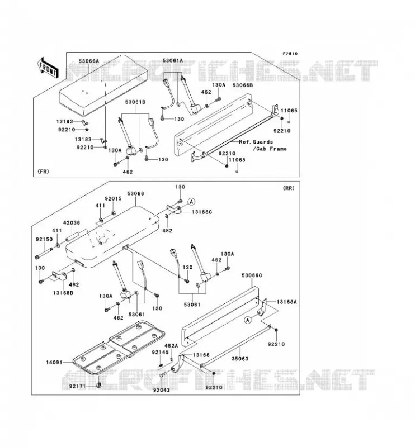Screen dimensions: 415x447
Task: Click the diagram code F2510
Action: point(290,54)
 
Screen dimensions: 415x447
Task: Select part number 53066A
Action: point(89,61)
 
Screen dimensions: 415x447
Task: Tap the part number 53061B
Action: point(135,102)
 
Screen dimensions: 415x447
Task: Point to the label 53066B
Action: point(243,85)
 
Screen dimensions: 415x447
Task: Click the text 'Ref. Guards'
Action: point(256,142)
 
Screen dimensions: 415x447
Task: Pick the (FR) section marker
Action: point(43,172)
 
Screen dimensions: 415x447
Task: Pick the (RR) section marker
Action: point(289,188)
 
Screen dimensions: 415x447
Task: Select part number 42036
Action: point(72,222)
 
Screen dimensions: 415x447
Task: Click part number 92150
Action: point(44,239)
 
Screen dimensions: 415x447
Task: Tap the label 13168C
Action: point(202,212)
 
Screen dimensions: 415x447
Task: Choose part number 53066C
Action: point(252,275)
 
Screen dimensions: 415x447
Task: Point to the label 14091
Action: point(54,362)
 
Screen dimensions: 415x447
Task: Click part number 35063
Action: point(240,359)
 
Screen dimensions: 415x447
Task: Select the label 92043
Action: point(161,390)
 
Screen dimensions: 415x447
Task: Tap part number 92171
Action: point(78,386)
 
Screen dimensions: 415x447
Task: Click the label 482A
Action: point(171,346)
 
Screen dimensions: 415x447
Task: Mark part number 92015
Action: point(113,199)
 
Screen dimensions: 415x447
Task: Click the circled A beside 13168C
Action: point(191,202)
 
